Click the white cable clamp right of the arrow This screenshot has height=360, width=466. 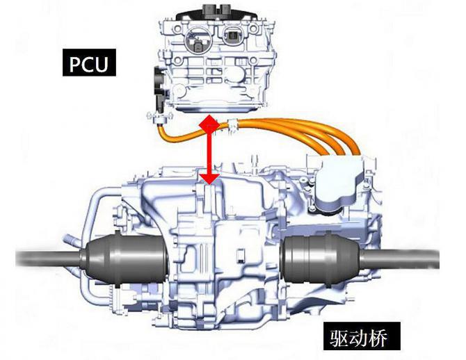(x=232, y=125)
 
